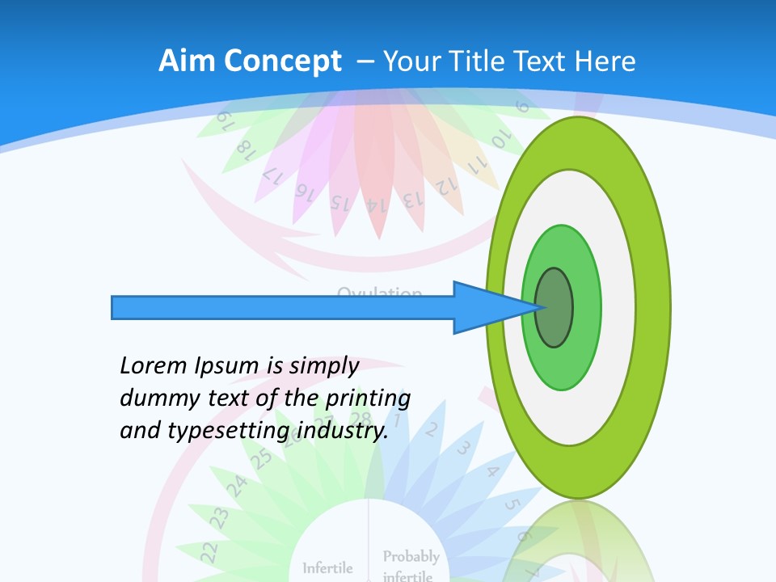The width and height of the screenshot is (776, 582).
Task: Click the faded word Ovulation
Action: pos(379,292)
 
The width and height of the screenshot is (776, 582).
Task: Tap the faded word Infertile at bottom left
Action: pos(327,567)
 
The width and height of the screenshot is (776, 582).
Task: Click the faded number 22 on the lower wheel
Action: pos(209,552)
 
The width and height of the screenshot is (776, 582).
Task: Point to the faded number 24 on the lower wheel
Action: pos(236,485)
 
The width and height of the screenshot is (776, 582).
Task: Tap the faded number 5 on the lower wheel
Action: pos(512,505)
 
